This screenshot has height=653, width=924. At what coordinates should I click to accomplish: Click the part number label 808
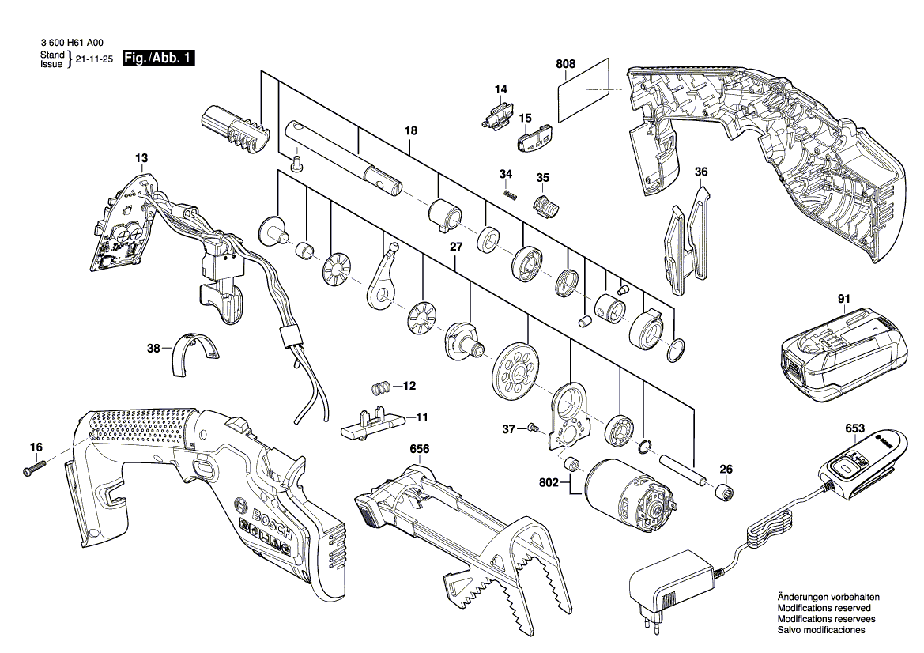pos(566,63)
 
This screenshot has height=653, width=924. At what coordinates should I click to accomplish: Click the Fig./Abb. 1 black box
pos(160,58)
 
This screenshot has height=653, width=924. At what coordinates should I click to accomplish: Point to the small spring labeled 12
pos(381,387)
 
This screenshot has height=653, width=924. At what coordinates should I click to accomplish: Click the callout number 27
pos(455,247)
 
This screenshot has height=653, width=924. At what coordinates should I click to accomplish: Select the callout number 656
pos(419,449)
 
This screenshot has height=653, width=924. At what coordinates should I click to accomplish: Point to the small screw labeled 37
pos(531,428)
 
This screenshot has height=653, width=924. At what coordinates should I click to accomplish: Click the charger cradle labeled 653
pos(861,462)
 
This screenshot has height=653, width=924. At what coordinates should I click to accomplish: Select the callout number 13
pos(141,159)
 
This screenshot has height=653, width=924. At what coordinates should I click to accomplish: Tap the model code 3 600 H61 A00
pos(70,44)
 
